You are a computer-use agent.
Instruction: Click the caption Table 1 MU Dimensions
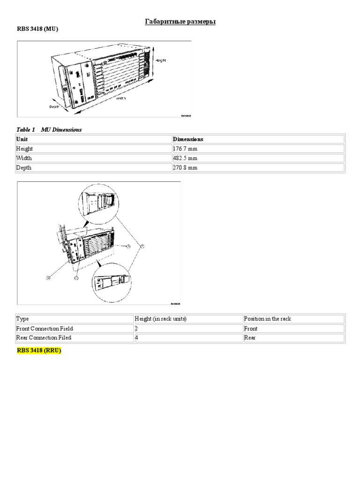(x=49, y=130)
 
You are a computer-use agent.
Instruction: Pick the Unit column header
(x=22, y=139)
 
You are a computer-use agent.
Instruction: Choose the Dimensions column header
(x=188, y=139)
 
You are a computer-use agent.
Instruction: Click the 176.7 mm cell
(x=186, y=149)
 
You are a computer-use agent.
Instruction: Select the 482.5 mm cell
(x=186, y=158)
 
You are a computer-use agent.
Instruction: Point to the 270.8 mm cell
(x=186, y=167)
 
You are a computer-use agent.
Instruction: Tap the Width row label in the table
(x=24, y=158)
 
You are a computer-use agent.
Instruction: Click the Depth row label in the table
(x=24, y=167)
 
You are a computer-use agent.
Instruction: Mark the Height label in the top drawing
(x=161, y=60)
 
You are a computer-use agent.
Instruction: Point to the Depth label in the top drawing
(x=55, y=106)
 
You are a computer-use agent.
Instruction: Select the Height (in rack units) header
(x=161, y=319)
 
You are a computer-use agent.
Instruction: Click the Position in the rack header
(x=267, y=319)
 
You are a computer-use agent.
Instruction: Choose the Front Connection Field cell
(x=45, y=329)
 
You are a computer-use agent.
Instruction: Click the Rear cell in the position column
(x=250, y=338)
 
